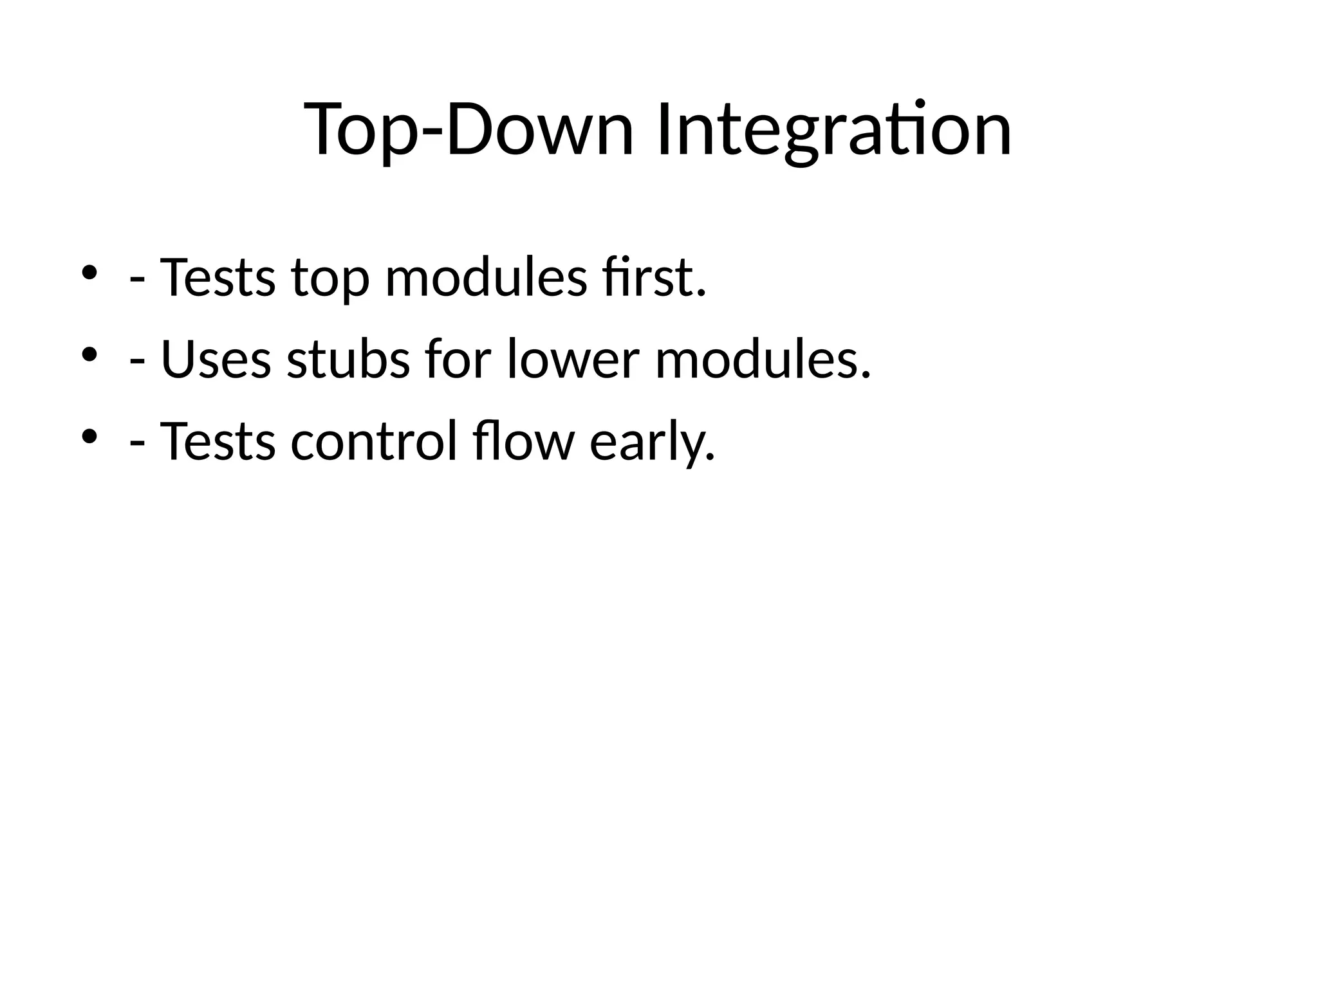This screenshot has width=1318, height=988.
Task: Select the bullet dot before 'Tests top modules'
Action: (x=89, y=272)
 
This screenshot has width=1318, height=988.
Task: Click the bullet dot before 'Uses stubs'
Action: (x=89, y=354)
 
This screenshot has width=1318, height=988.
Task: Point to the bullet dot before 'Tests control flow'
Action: (x=89, y=436)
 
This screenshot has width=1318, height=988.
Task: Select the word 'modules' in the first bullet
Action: (x=486, y=278)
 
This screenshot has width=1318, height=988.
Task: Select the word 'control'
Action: (x=374, y=442)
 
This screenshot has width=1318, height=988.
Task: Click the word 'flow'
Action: (x=523, y=442)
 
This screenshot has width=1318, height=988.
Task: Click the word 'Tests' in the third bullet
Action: (x=217, y=442)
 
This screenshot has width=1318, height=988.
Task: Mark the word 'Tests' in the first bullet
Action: (x=217, y=278)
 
